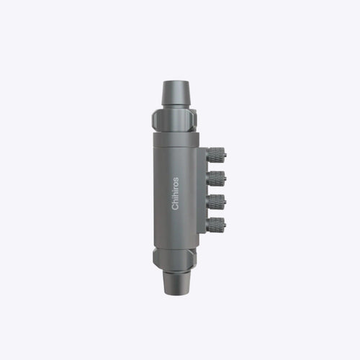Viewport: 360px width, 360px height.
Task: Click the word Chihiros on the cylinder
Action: pos(175,194)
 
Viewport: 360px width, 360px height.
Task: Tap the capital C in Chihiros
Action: pos(175,207)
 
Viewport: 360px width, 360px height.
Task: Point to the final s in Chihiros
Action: pos(176,179)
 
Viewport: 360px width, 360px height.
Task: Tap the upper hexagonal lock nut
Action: pos(174,120)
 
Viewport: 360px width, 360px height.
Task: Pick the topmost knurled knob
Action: pos(216,155)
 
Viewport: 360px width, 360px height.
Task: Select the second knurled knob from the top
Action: pos(216,179)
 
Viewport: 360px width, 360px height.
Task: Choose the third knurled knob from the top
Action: pos(216,202)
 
